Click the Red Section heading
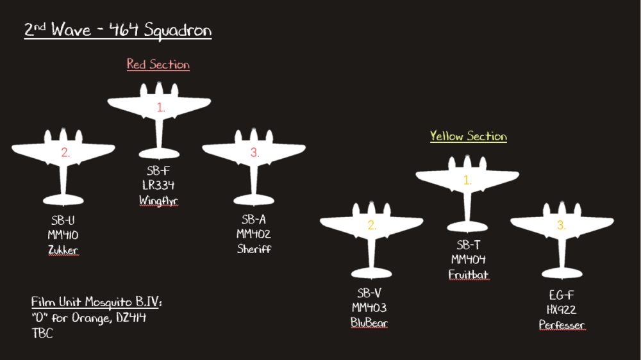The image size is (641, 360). pos(158,64)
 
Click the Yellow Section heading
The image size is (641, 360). pos(468,136)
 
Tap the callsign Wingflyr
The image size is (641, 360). pos(158,200)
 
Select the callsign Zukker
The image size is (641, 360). pos(63,250)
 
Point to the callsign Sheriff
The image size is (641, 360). pos(254,249)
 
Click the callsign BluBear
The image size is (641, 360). pos(369,322)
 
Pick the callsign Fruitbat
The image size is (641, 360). pos(468,274)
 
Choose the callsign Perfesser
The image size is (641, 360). pos(562,325)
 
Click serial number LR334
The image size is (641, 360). pos(158,186)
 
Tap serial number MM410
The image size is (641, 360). pos(63,235)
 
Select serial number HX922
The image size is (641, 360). pos(562,310)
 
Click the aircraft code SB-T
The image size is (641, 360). pos(468,245)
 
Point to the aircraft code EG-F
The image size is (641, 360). pos(562,295)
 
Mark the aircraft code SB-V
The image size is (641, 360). pos(369,293)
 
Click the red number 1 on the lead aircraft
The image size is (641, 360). pos(160,108)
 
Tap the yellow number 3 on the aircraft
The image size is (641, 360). pos(561,225)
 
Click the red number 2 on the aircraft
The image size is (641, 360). pos(65,152)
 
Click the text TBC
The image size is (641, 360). pos(42,333)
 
